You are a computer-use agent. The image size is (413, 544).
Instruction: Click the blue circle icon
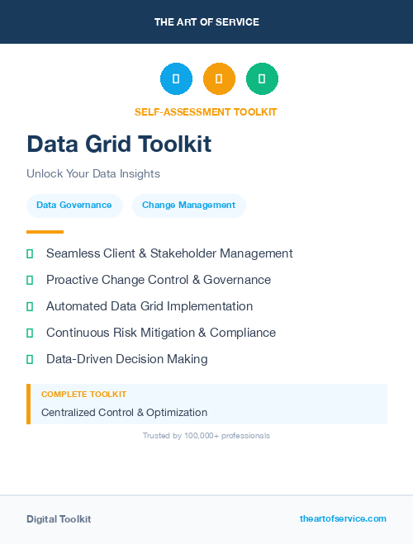(176, 78)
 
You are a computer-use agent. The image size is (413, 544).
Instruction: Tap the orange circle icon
(219, 78)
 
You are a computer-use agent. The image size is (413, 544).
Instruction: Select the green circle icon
(262, 78)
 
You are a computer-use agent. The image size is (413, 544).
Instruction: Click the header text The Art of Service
(206, 22)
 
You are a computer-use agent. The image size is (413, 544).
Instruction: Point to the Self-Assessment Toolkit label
(206, 112)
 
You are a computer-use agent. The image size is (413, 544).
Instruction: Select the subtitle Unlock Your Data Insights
(93, 174)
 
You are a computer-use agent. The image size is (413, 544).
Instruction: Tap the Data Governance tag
(74, 206)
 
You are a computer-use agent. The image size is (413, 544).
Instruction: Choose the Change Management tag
(188, 206)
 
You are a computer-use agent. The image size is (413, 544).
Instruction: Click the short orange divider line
(45, 232)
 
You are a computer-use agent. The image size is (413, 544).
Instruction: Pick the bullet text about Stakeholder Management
(169, 253)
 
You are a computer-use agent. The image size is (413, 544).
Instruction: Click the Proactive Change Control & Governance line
(159, 280)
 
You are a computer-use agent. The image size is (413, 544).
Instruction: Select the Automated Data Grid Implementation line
(150, 306)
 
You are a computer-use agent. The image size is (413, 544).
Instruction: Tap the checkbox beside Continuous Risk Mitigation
(30, 333)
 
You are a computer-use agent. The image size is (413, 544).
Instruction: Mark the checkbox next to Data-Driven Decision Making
(30, 359)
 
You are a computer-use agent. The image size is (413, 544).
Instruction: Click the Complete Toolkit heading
(83, 395)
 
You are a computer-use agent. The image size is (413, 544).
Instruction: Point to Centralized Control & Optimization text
(124, 412)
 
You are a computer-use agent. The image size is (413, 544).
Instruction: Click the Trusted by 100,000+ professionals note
(206, 435)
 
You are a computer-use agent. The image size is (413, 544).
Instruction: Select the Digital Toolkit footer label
(59, 519)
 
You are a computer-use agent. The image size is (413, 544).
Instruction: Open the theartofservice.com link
(343, 518)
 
